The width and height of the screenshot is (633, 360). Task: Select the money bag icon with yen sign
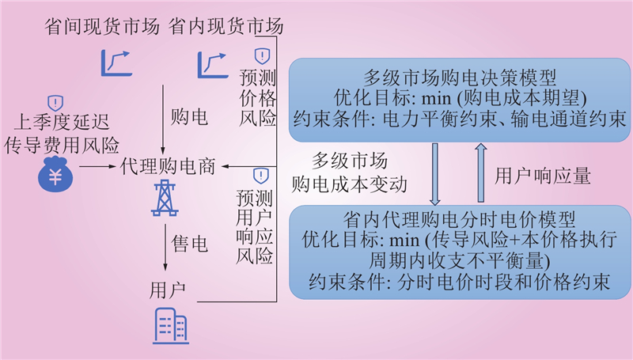click(x=55, y=176)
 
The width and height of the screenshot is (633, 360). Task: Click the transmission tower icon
click(x=164, y=198)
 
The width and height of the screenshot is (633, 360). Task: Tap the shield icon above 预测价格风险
click(x=260, y=55)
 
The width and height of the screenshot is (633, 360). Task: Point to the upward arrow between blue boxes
click(x=482, y=173)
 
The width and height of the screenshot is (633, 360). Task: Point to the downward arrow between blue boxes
click(x=435, y=173)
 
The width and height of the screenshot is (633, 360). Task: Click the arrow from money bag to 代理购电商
click(x=97, y=168)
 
